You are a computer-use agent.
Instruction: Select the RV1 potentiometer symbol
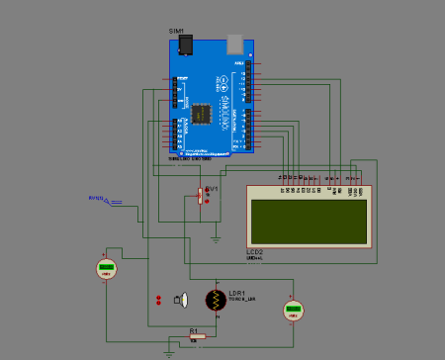200,195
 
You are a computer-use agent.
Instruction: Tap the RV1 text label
211,185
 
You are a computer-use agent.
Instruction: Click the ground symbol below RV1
216,238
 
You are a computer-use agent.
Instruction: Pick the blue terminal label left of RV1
97,199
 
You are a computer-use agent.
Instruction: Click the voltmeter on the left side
106,268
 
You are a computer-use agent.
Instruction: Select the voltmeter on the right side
292,311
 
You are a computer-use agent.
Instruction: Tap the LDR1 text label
237,293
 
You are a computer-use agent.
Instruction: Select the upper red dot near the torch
158,297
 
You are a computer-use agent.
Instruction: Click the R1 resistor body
198,336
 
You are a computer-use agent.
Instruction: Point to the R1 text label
194,328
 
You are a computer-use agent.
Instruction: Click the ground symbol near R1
169,348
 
